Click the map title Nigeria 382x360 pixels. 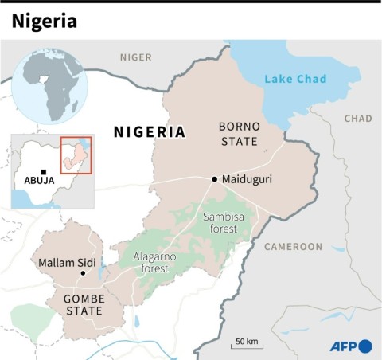pos(45,22)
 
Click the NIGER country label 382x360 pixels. pos(135,57)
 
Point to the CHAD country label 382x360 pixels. pos(357,119)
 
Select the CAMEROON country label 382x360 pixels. pos(293,246)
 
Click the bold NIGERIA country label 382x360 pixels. pos(150,131)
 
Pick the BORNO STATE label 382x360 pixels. pos(240,134)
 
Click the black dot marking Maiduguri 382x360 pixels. pos(214,179)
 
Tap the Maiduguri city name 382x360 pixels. pos(247,179)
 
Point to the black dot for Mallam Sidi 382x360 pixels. pos(83,273)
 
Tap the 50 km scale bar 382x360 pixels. pos(246,345)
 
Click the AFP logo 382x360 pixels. pos(351,346)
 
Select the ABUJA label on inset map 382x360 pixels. pos(40,181)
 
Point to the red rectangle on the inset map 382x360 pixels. pos(76,155)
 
